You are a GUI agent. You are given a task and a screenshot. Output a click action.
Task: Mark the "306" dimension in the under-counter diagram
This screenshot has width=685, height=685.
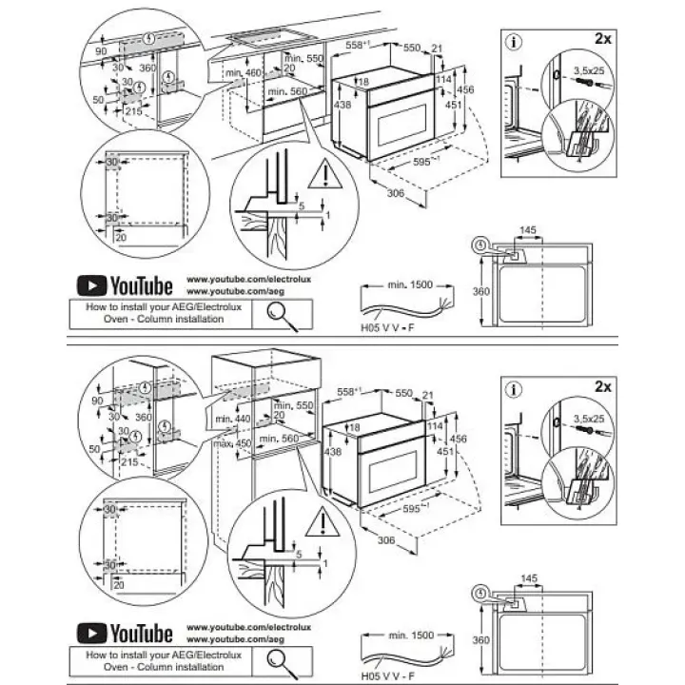pos(396,193)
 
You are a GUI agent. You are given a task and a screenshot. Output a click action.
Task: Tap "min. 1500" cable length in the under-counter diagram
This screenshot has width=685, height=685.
pos(409,284)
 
